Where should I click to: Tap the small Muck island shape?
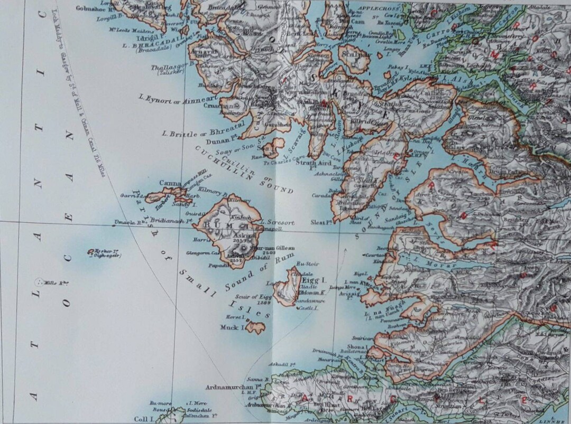click(255, 328)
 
